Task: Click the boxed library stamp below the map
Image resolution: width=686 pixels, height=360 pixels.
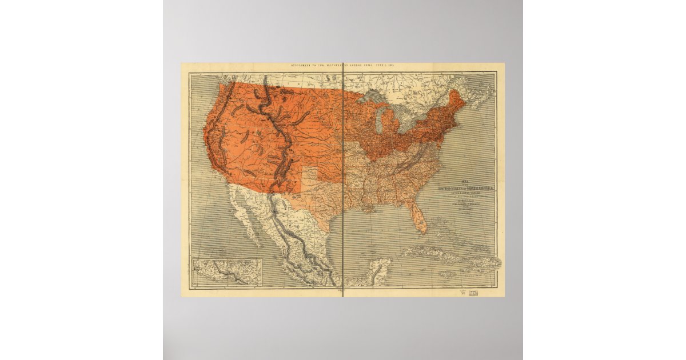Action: coord(473,292)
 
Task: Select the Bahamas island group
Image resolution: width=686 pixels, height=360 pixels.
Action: coord(443,231)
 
